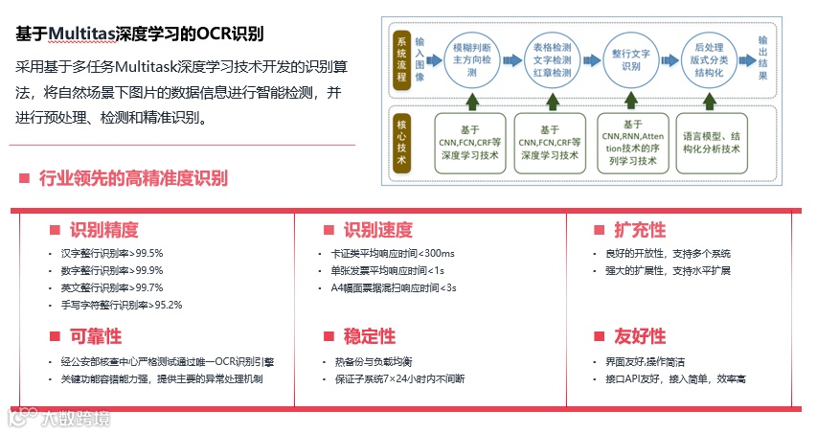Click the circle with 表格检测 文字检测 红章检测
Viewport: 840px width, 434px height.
[x=551, y=57]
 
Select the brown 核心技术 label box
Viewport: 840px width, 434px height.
[x=402, y=143]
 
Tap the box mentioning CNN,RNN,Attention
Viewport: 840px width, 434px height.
[x=632, y=143]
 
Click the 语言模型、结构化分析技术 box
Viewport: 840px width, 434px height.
[x=711, y=143]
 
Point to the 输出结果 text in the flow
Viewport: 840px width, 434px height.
[x=762, y=57]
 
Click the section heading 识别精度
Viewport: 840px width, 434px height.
[x=103, y=230]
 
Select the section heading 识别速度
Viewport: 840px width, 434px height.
[x=377, y=230]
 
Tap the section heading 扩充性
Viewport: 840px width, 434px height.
[x=639, y=230]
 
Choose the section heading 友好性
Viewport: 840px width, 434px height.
[x=639, y=336]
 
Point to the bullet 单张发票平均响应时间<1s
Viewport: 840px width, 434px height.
[x=387, y=270]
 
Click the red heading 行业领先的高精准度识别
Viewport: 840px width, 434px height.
[x=133, y=178]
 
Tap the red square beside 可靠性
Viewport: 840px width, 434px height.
[x=55, y=336]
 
